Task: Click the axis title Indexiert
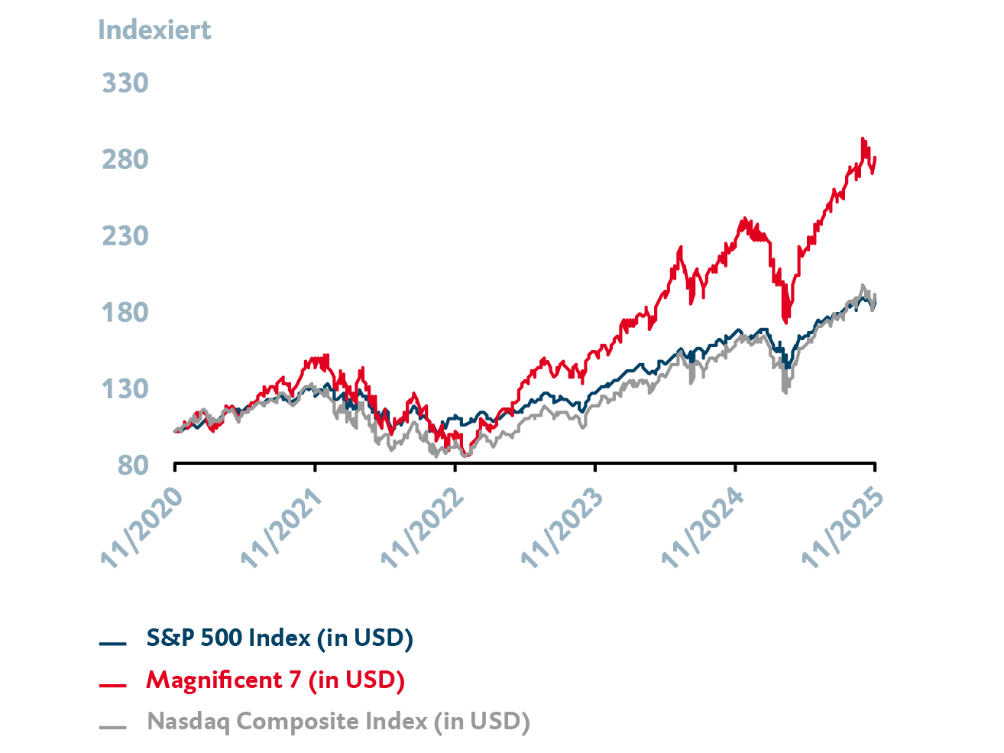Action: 154,30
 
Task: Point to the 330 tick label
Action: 125,83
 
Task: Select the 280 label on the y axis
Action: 125,159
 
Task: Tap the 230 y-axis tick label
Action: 125,235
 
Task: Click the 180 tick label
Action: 125,312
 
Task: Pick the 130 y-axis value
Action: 125,388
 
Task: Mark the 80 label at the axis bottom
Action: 132,465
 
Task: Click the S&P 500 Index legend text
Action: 280,638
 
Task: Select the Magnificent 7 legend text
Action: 275,680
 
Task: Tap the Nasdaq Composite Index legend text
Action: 338,721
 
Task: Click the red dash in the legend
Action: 112,684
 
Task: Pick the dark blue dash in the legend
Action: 112,643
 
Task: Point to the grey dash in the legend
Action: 112,726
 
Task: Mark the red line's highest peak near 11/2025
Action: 863,139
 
